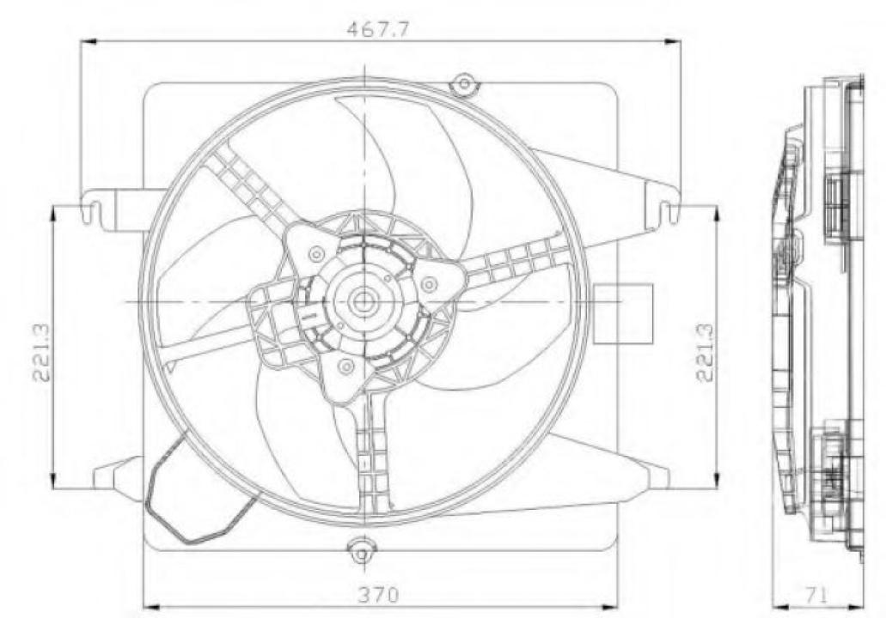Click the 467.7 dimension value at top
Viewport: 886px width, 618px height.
click(377, 29)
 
